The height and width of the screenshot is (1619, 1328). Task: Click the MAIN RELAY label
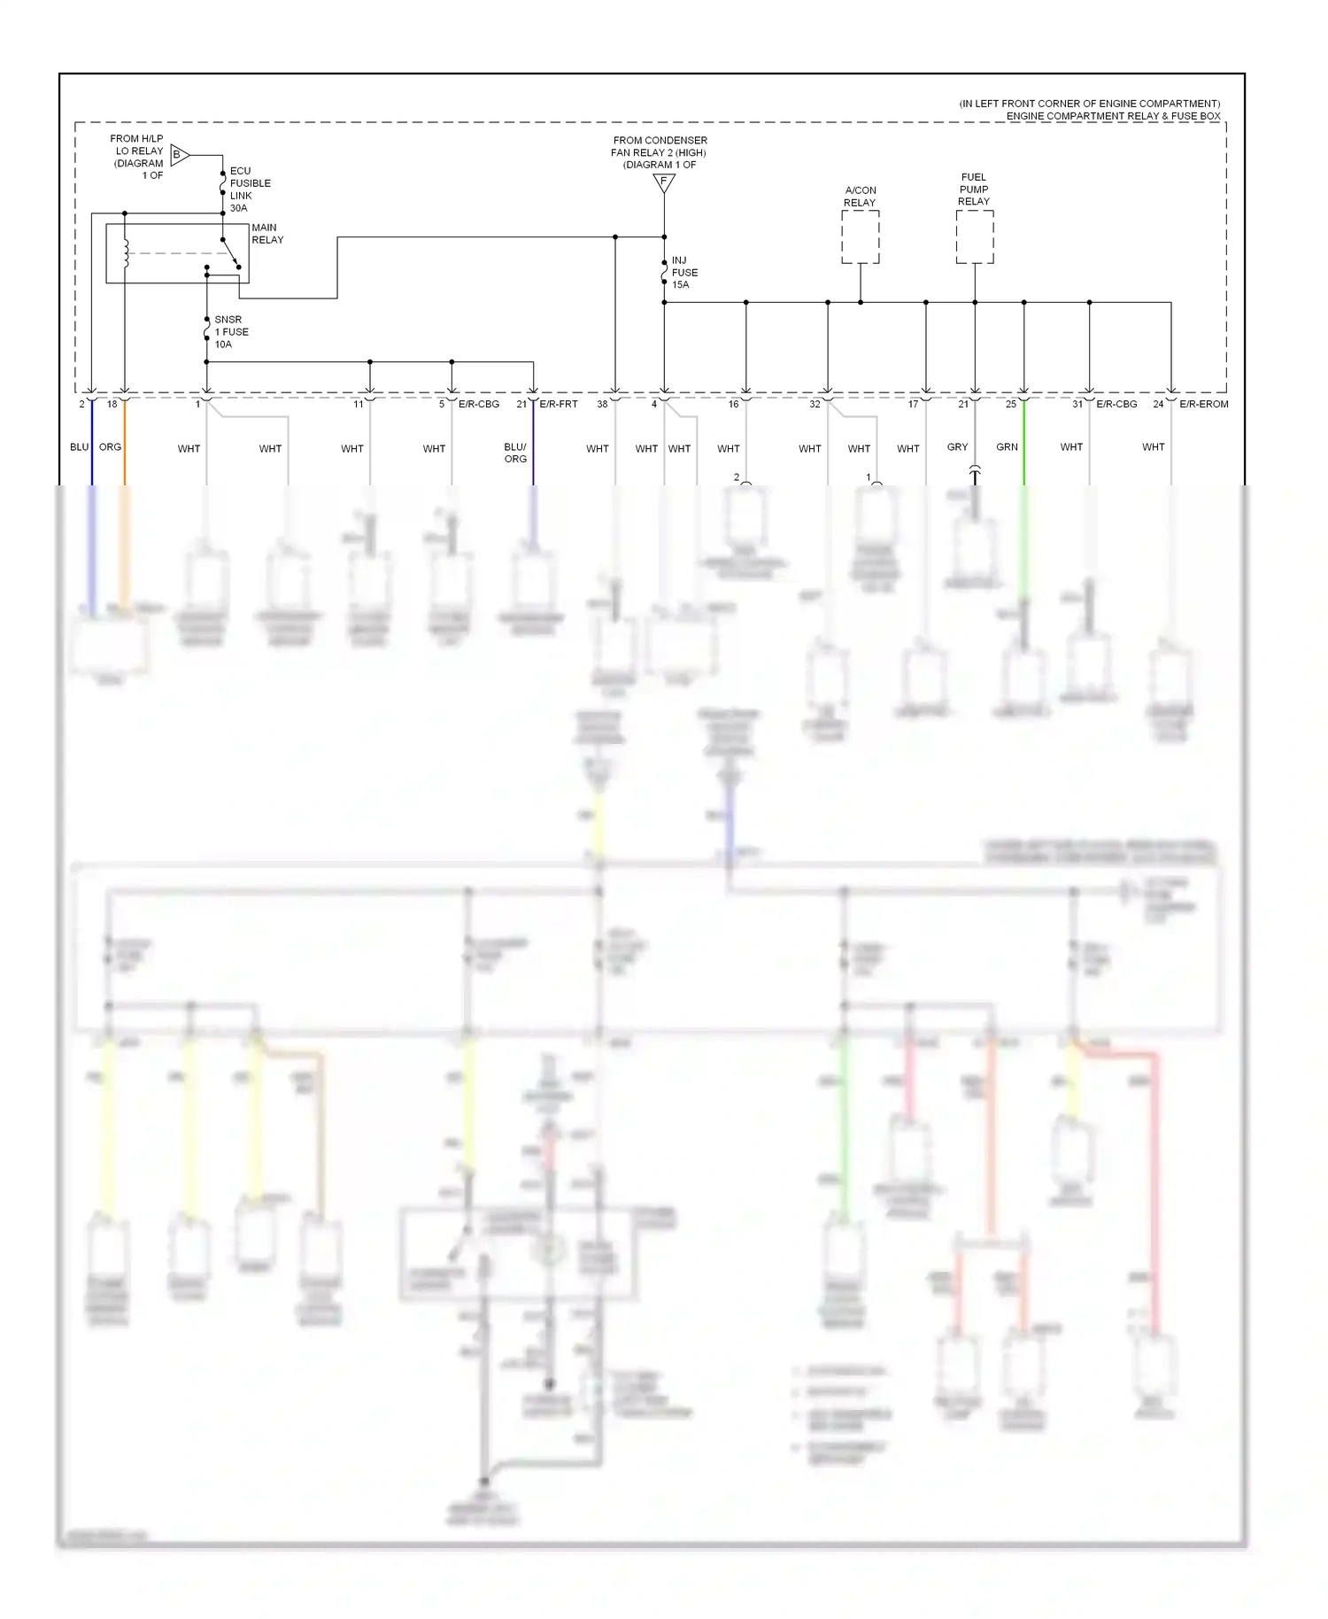(x=266, y=234)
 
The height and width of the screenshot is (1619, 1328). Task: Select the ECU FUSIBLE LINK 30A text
(x=250, y=190)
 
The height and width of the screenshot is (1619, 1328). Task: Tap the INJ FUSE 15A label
(x=683, y=273)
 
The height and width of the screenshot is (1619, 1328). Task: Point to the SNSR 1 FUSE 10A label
(x=231, y=332)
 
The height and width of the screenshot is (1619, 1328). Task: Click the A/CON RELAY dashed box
(x=860, y=237)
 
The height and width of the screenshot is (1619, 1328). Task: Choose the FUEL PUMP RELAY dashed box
(x=974, y=237)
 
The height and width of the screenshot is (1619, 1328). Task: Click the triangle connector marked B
(x=179, y=155)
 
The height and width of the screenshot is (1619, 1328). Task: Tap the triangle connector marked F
(x=664, y=182)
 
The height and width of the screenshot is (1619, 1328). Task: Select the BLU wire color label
(x=79, y=447)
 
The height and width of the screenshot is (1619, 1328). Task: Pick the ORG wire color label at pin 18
(x=110, y=447)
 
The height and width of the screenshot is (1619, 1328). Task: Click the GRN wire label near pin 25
(x=1007, y=447)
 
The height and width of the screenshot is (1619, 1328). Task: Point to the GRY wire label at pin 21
(x=957, y=447)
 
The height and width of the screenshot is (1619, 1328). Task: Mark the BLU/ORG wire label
(x=515, y=453)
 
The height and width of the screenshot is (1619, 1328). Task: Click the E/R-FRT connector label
(x=559, y=404)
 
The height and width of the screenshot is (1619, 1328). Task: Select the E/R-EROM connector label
(x=1203, y=404)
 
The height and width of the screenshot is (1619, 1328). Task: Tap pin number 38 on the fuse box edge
(x=602, y=404)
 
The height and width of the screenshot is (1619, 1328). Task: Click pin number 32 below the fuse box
(x=815, y=404)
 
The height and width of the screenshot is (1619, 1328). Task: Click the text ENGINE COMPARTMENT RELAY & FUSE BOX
(x=1113, y=116)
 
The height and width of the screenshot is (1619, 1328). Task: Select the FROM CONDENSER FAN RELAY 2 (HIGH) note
(x=660, y=152)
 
